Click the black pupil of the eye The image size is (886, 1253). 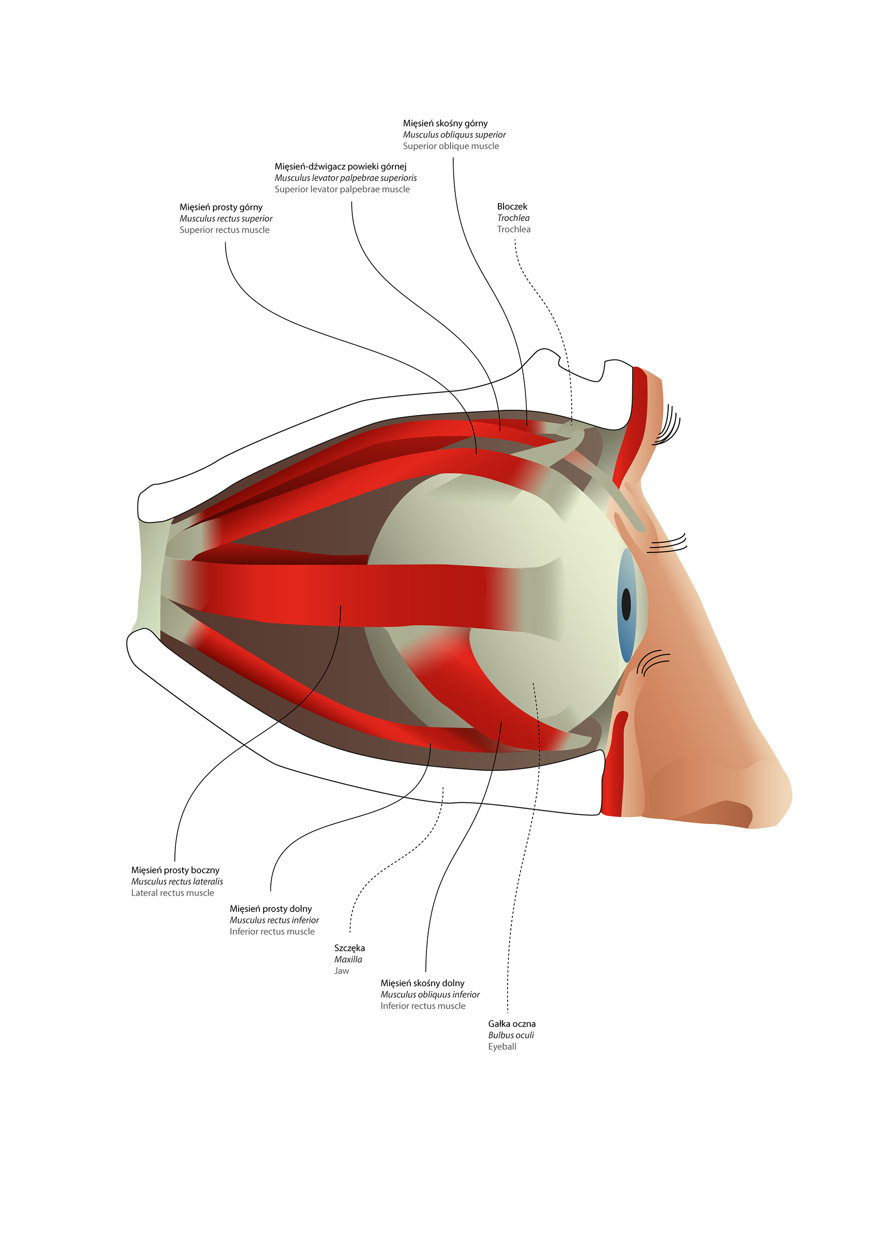(626, 604)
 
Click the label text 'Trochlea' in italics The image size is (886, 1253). (513, 218)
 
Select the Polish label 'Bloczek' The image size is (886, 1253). (512, 206)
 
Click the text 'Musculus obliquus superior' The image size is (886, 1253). (454, 135)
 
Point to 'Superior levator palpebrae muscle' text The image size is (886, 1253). (341, 189)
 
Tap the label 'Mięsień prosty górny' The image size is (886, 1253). (221, 207)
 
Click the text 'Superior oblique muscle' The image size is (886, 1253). (451, 146)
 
